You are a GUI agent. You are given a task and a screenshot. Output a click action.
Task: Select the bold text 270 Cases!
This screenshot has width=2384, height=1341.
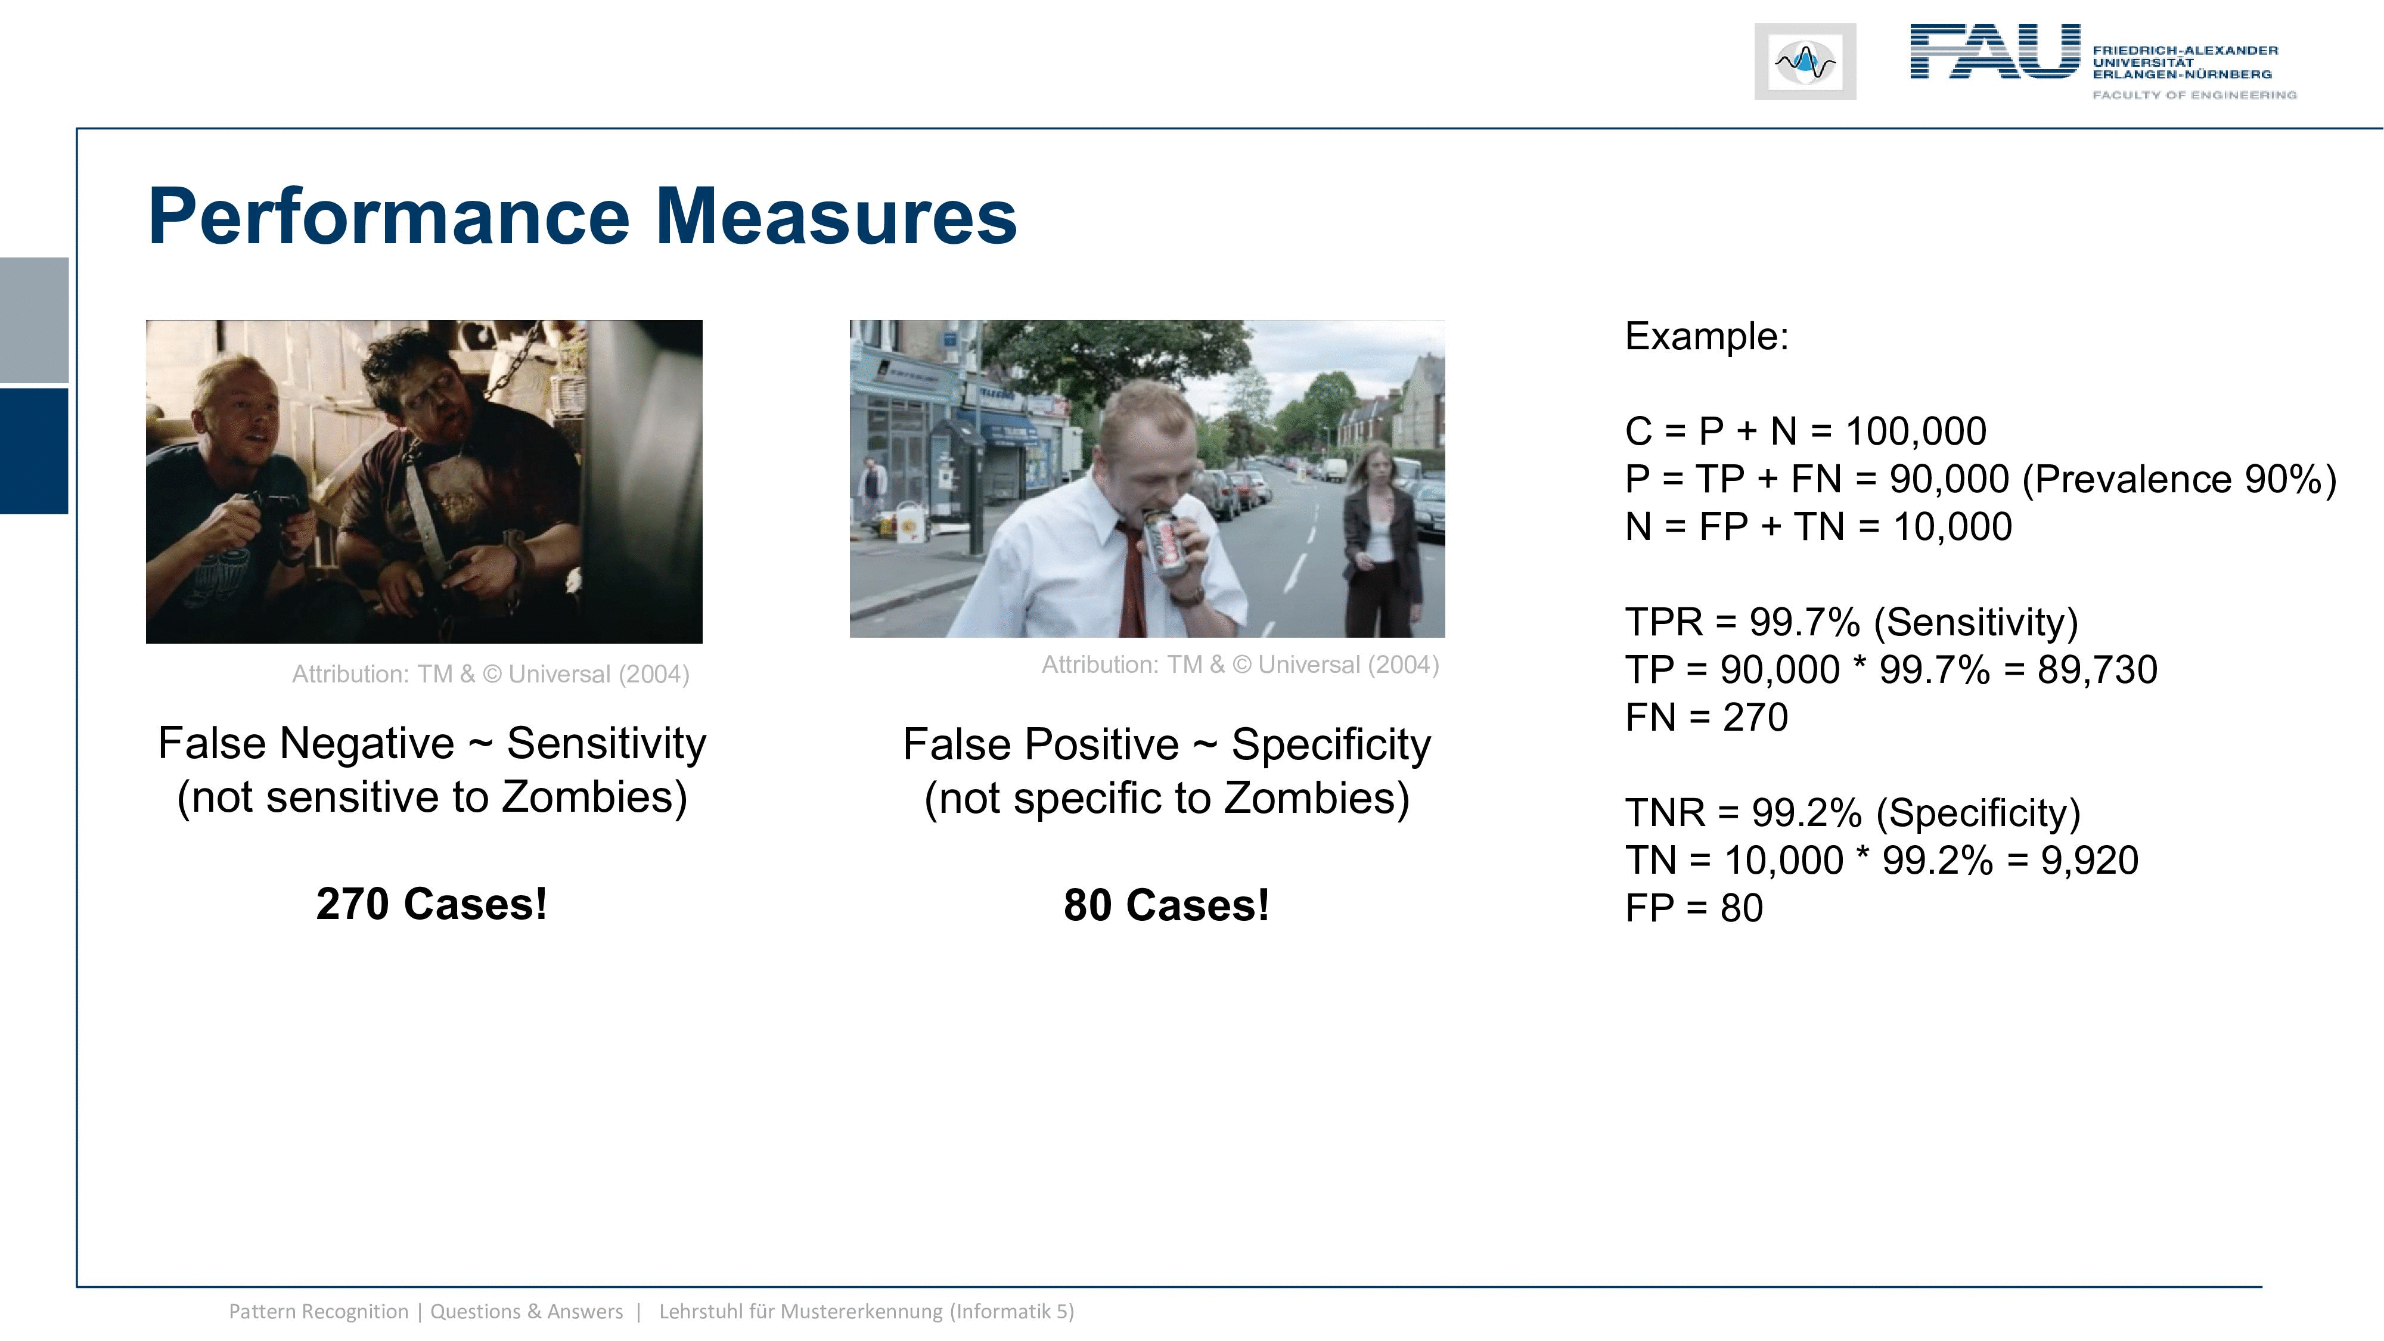[432, 904]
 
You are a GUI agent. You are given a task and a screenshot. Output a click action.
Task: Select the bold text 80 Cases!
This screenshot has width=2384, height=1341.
[1166, 905]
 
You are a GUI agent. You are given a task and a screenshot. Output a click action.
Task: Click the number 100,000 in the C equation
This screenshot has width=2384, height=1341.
[1916, 432]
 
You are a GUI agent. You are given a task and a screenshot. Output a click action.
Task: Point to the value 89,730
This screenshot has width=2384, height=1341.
[2097, 670]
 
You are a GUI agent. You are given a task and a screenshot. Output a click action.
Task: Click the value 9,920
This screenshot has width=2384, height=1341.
[2090, 861]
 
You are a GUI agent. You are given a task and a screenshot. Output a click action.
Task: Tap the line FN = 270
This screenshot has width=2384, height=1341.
[1706, 717]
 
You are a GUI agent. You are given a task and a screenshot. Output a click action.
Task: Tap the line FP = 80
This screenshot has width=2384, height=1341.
[1694, 908]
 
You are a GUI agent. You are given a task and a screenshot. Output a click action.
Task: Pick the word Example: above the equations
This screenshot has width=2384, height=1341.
[1706, 336]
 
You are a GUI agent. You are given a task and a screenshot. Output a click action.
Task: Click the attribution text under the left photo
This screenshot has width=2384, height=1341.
[491, 673]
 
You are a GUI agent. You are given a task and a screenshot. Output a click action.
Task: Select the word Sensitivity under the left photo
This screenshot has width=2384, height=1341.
[606, 743]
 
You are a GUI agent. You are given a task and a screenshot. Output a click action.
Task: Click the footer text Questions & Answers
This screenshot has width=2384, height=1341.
[527, 1311]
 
